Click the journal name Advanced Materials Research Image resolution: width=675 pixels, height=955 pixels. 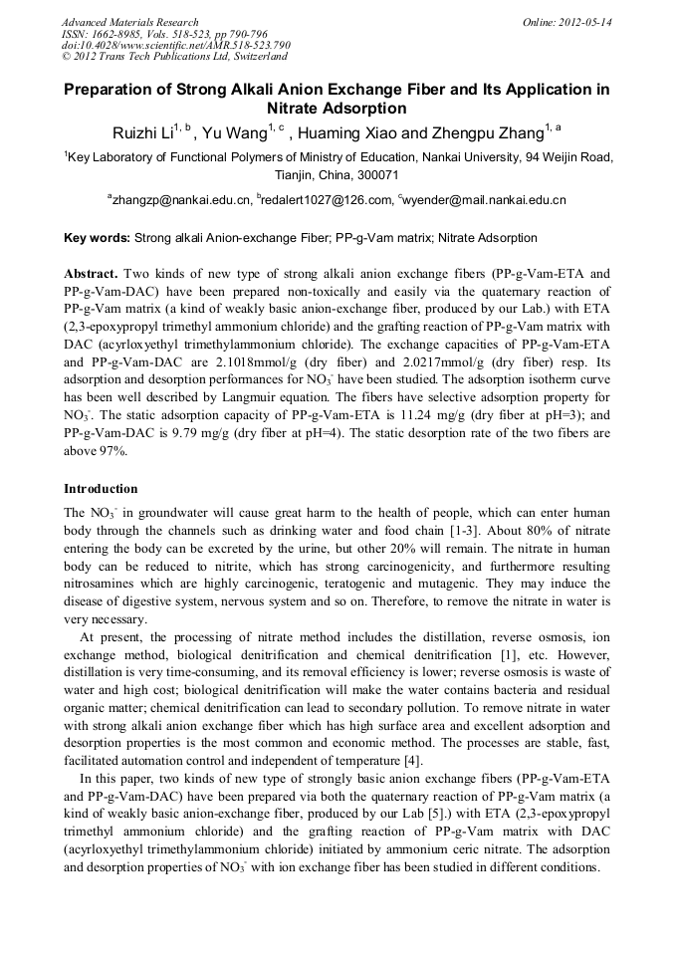129,22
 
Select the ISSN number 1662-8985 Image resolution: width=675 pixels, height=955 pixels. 123,34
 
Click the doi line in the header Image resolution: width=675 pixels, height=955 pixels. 175,46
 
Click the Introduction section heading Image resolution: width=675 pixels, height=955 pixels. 101,489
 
